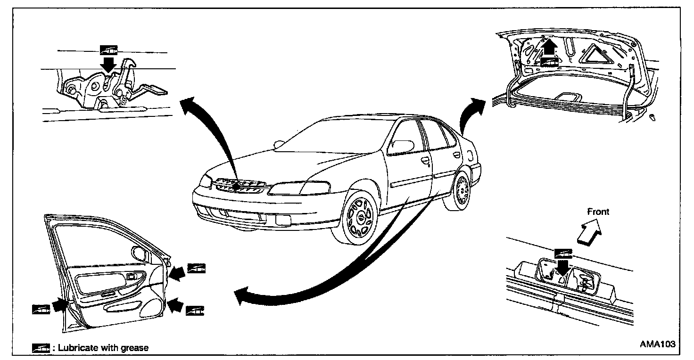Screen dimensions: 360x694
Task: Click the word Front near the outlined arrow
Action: click(x=598, y=212)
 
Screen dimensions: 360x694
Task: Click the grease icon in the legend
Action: click(x=41, y=348)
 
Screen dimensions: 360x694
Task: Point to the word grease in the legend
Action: click(x=134, y=348)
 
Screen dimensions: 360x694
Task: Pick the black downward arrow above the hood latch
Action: click(x=109, y=64)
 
